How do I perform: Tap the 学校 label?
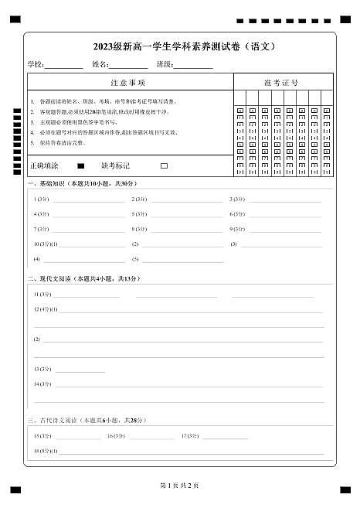point(36,64)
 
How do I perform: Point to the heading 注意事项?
point(128,82)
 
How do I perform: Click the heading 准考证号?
point(281,82)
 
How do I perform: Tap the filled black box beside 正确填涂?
point(80,165)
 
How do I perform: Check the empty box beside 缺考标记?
point(164,165)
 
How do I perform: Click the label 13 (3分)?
point(42,369)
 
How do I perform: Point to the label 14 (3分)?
point(42,384)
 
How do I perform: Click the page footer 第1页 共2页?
point(179,485)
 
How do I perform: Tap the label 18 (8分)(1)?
point(46,450)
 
